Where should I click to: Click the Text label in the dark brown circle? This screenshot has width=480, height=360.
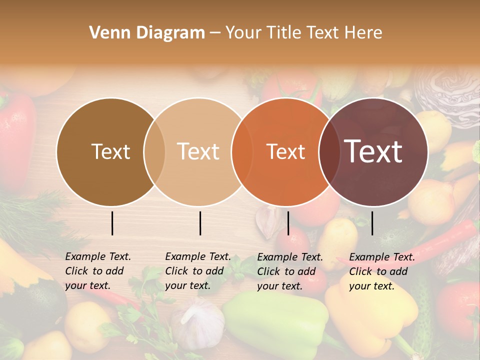pos(110,151)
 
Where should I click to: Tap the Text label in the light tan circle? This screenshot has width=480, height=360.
pos(198,151)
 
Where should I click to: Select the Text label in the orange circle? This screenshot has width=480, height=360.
pos(285,151)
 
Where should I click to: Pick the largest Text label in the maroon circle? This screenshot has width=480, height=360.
pos(373,151)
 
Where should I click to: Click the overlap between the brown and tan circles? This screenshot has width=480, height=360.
pos(154,151)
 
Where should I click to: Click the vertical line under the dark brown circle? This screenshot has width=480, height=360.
pos(112,223)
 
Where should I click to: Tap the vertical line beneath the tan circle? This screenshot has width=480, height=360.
pos(200,223)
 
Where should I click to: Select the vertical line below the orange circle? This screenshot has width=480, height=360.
pos(288,223)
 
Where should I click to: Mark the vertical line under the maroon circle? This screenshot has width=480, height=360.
pos(372,223)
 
